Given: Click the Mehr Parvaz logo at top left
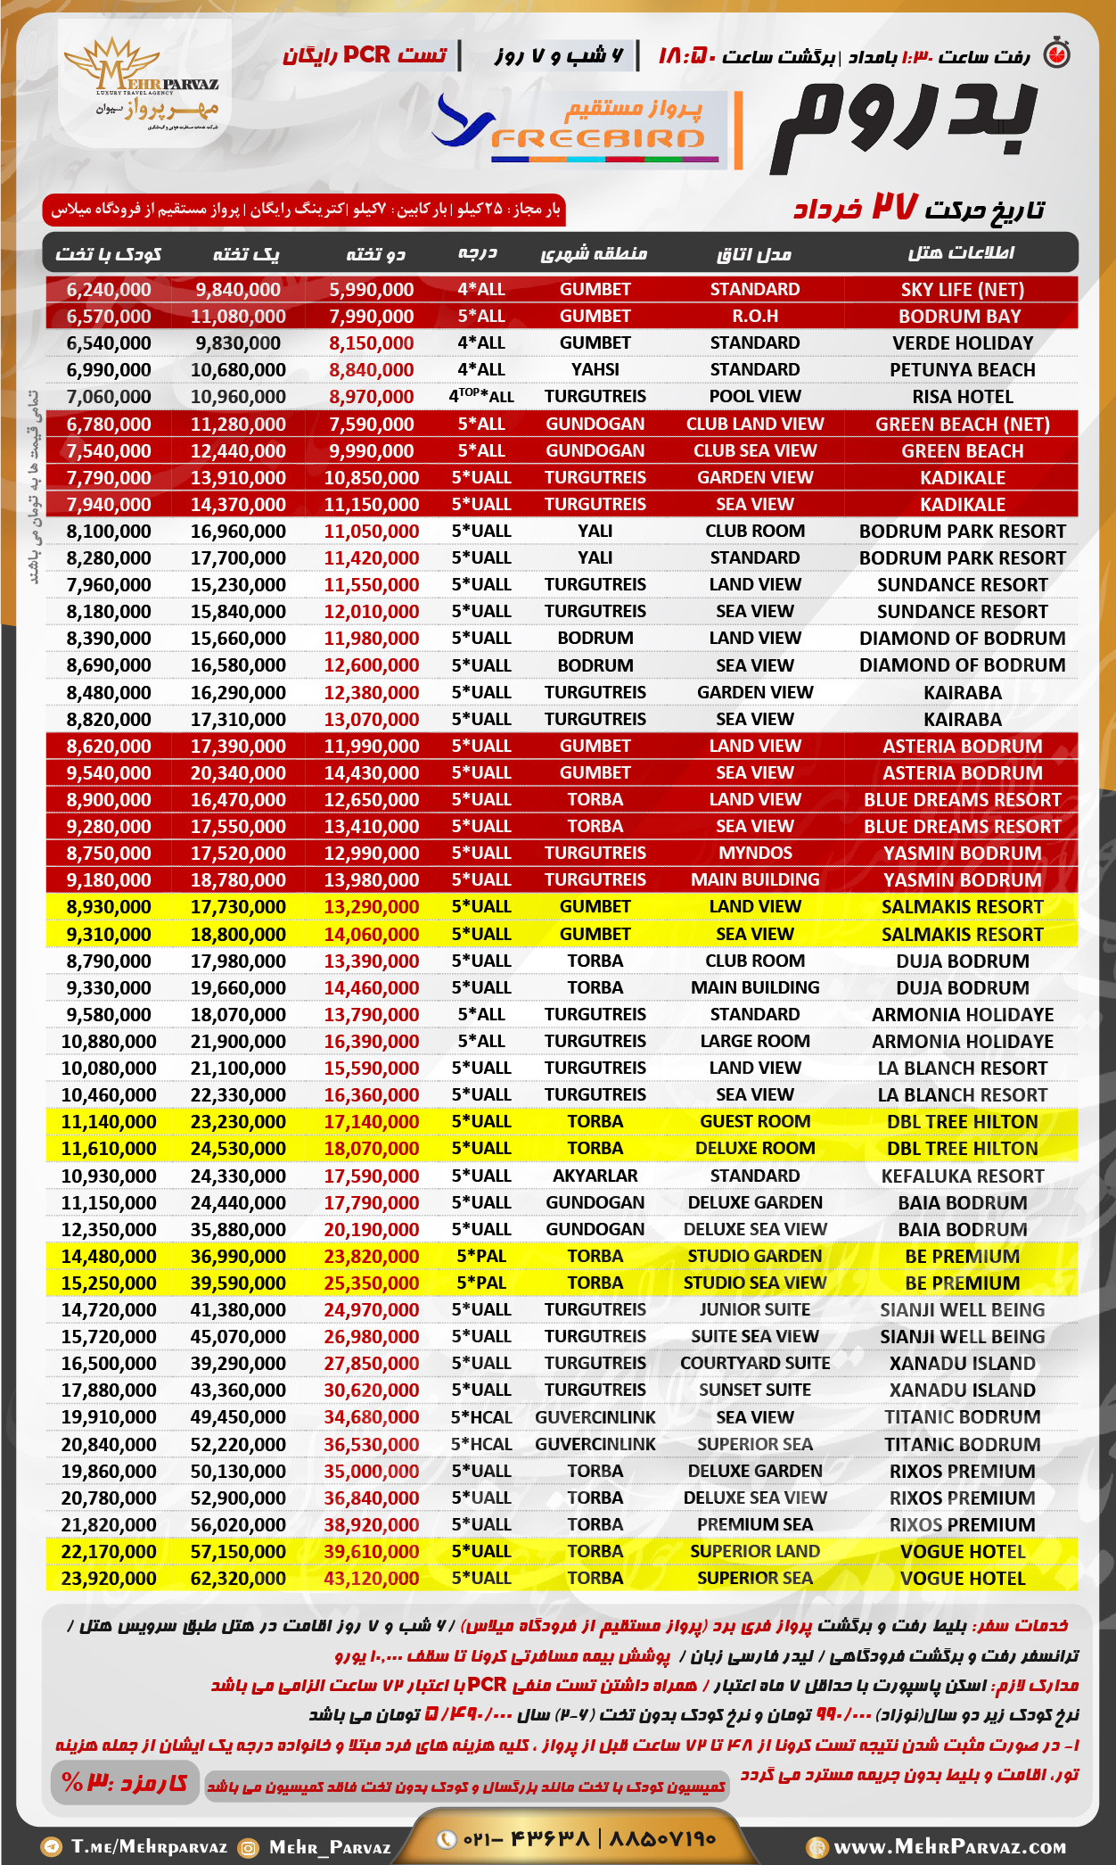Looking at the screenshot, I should [144, 84].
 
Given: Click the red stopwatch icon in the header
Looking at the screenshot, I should [1057, 54].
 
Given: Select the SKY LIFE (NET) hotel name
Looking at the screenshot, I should [962, 289].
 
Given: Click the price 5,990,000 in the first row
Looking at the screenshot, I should [371, 289].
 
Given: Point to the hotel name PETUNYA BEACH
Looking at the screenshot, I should [962, 369].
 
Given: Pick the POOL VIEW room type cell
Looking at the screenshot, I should [755, 396].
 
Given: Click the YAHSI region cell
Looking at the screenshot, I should [595, 369].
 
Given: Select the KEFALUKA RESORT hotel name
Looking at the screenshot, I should [962, 1176].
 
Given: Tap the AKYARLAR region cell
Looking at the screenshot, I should [595, 1176].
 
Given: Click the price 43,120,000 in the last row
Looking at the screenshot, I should [371, 1578].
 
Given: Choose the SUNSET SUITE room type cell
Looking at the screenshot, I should [755, 1390].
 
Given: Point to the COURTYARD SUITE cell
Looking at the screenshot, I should [755, 1363].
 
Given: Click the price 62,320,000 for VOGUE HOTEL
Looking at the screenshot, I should [238, 1578].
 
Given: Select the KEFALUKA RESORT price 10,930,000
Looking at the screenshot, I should [109, 1176].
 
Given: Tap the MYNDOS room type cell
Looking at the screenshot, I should [755, 853].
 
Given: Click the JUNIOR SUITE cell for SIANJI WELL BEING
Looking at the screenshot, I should [755, 1309].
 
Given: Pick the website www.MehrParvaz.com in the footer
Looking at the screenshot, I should [949, 1846].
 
